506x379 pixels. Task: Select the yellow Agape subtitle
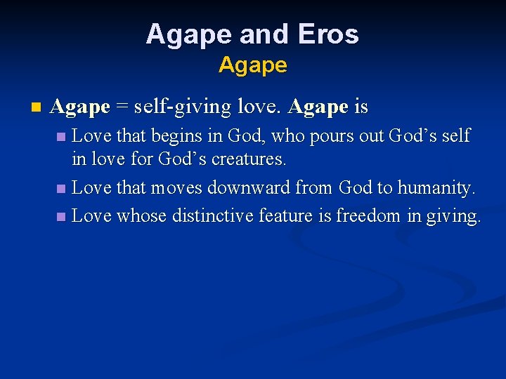coord(252,65)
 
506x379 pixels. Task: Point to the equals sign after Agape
coord(122,107)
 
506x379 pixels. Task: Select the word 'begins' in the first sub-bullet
coord(182,135)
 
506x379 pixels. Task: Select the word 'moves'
coord(170,188)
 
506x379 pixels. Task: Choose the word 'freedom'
coord(369,216)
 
